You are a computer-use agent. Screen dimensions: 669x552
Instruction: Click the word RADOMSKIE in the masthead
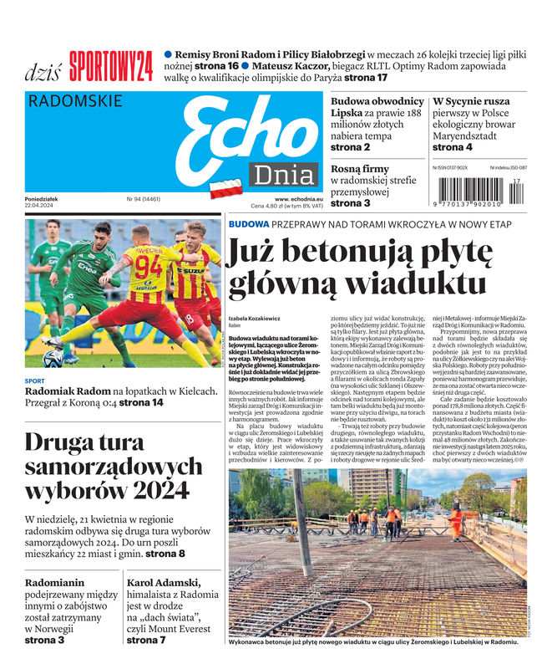(x=75, y=102)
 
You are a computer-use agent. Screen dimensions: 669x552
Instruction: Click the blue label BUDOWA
(x=248, y=224)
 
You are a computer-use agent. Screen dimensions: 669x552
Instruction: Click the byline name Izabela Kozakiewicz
(x=253, y=319)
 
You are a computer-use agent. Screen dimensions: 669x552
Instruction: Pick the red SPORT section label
(x=34, y=380)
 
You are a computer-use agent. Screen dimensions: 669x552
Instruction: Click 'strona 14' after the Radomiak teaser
(x=141, y=403)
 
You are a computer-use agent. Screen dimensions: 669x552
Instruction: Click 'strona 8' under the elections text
(x=165, y=554)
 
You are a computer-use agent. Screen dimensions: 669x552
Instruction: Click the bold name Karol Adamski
(x=164, y=583)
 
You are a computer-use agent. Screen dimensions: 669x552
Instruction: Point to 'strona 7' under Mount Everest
(x=145, y=641)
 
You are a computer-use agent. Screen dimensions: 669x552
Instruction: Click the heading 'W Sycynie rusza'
(x=472, y=101)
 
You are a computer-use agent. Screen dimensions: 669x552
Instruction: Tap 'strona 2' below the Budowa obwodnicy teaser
(x=350, y=147)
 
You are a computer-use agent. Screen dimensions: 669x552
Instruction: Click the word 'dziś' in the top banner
(x=41, y=71)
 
